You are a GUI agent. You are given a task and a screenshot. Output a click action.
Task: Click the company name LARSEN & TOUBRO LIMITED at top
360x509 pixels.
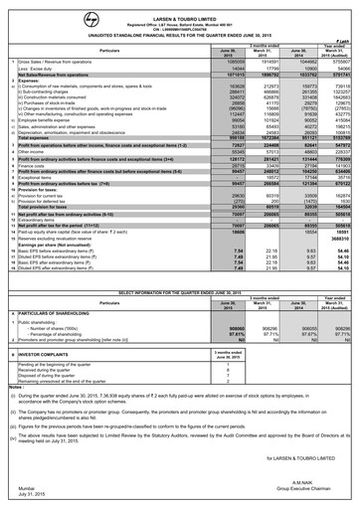click(x=179, y=6)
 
